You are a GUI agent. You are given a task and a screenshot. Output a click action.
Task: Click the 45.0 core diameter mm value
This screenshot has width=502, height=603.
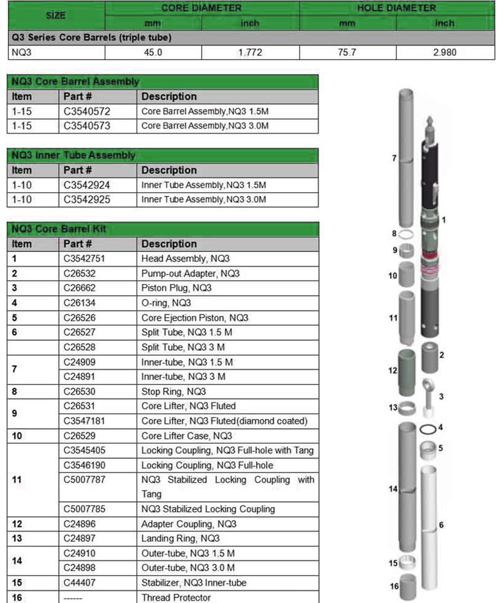click(153, 53)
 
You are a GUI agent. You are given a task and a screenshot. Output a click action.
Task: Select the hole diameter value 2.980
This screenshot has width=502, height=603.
click(444, 53)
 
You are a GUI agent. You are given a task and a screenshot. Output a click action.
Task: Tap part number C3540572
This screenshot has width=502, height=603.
click(87, 112)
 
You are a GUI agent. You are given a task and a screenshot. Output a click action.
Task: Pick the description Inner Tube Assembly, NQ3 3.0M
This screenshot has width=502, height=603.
click(203, 200)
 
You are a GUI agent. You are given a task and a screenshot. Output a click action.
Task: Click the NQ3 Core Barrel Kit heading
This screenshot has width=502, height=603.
click(59, 229)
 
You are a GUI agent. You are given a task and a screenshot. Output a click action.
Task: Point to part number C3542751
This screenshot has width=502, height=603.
click(84, 259)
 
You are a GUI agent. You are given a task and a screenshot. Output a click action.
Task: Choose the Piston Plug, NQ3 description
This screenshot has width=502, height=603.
click(176, 288)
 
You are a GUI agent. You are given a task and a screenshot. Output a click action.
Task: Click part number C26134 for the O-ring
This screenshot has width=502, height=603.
click(79, 303)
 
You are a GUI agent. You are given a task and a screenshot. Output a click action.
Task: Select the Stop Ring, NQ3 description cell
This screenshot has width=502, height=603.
click(173, 391)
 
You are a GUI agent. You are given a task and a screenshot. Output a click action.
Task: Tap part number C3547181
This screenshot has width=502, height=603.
click(84, 421)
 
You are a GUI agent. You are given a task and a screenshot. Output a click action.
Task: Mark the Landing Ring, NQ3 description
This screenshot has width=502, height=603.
click(180, 538)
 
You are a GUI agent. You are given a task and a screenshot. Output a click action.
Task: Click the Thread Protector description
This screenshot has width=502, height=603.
click(176, 597)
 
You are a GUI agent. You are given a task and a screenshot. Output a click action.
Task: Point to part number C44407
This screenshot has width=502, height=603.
click(79, 583)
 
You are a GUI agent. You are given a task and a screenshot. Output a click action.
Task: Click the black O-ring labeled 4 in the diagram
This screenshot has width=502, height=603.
click(428, 429)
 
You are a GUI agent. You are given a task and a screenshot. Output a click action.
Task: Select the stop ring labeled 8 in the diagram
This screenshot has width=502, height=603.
click(406, 234)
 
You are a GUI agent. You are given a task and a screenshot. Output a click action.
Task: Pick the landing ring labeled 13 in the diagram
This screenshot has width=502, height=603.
click(407, 408)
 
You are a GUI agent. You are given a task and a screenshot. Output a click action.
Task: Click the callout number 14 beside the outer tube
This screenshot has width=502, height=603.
click(393, 489)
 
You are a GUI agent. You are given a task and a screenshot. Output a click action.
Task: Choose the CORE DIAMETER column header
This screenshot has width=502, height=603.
click(201, 8)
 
